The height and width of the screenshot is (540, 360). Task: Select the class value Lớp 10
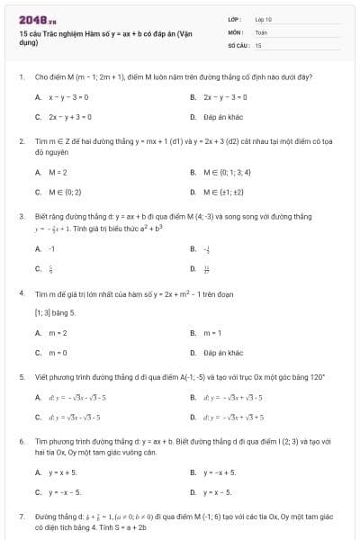(x=263, y=18)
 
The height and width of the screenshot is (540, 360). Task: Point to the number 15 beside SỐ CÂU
(x=258, y=43)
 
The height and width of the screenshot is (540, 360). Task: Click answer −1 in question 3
(x=52, y=247)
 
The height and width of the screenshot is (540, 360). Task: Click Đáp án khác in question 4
(x=223, y=353)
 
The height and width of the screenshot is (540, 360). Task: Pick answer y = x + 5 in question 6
(x=63, y=472)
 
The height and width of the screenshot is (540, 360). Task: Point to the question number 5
(x=21, y=373)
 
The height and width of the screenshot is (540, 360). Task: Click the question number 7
(x=21, y=517)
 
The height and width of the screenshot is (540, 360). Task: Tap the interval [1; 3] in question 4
(x=43, y=312)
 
